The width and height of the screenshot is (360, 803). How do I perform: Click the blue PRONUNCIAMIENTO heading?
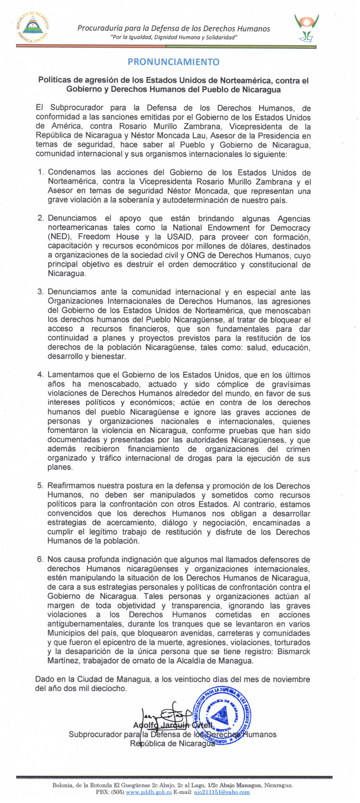click(173, 62)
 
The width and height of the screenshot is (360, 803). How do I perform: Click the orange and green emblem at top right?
click(307, 27)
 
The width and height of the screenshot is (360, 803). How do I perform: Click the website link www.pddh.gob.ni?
click(149, 792)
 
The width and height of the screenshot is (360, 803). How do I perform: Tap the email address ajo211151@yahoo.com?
click(222, 792)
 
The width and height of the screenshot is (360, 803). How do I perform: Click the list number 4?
click(41, 375)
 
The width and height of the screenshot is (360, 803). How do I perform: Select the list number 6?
click(41, 559)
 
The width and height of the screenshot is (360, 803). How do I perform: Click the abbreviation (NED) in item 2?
click(59, 237)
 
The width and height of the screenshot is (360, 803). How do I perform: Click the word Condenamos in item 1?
click(71, 172)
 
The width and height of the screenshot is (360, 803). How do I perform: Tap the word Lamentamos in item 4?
click(70, 375)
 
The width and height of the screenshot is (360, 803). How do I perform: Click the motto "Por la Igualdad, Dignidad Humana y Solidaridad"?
click(173, 38)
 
